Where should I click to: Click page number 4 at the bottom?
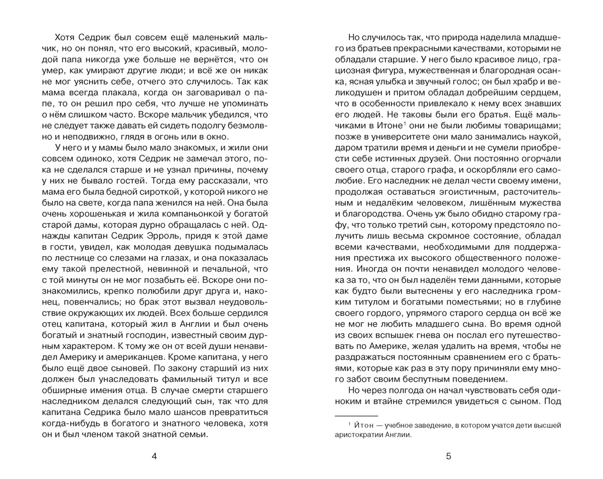click(154, 456)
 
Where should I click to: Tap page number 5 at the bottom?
click(448, 456)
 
